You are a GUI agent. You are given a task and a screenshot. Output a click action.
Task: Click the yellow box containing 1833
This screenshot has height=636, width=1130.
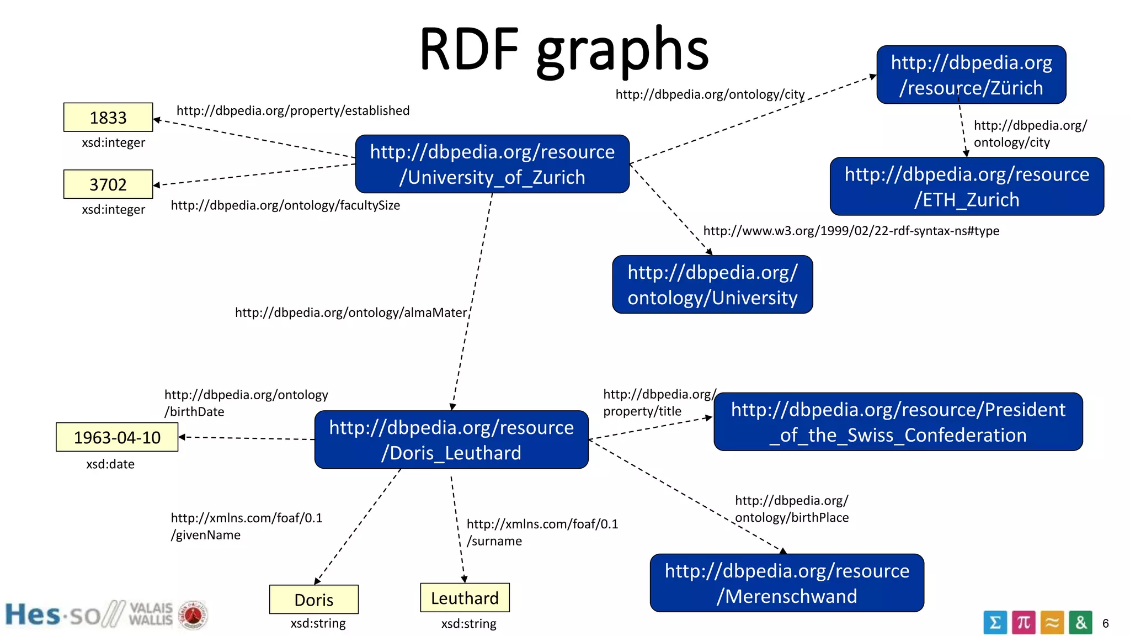point(108,117)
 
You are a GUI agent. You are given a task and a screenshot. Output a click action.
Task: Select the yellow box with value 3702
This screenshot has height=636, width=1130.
point(108,184)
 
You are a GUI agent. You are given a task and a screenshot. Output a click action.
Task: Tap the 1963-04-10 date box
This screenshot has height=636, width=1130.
point(117,437)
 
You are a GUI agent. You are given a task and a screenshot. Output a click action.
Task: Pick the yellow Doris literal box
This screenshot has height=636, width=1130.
point(313,599)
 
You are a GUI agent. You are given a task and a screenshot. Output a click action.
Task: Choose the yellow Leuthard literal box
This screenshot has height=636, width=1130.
point(465,597)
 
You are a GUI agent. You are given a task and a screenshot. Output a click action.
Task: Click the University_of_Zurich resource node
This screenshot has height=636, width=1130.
point(492,164)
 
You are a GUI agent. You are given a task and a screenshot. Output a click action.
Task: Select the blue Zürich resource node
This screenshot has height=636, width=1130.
point(971,75)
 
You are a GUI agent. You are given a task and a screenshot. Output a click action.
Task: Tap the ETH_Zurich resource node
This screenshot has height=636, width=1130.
point(967,187)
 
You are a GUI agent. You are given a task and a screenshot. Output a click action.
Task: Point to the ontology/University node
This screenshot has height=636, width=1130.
point(712,284)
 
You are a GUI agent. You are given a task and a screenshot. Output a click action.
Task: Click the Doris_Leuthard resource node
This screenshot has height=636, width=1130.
point(451,439)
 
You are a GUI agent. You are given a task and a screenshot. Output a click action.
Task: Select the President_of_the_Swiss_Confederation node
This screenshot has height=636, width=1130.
point(898,422)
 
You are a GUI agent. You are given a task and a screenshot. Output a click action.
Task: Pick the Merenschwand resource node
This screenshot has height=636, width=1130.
point(787,583)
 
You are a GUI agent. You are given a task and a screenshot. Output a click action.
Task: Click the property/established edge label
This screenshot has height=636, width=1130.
point(293,110)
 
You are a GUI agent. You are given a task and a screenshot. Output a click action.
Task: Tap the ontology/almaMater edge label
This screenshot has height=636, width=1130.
point(351,312)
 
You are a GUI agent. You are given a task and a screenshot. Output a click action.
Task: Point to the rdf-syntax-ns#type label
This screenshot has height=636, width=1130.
point(851,231)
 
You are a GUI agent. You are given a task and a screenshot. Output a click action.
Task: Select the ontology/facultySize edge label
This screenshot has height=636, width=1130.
point(285,205)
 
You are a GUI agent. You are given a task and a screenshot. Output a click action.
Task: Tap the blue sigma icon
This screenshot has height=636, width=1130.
point(995,623)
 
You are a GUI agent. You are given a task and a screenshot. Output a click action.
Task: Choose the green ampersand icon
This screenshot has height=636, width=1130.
point(1080,623)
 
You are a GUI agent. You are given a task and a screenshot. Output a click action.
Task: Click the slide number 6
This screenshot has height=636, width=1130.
point(1105,623)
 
